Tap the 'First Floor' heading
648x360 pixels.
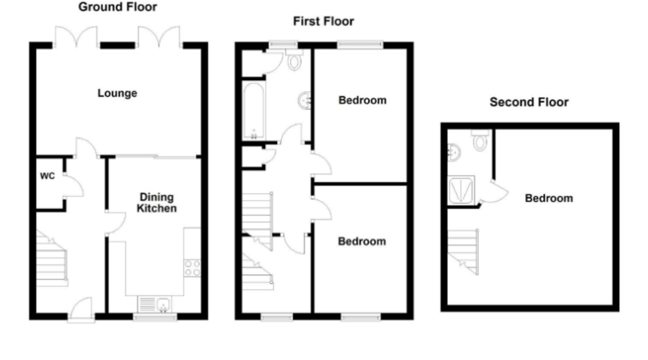click(323, 22)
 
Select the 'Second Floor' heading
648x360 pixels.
click(529, 102)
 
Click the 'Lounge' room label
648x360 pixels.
click(117, 93)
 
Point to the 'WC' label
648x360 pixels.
click(46, 176)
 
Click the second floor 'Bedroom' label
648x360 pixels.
click(549, 199)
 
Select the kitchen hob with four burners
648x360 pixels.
click(193, 268)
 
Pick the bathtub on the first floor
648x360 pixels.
click(253, 111)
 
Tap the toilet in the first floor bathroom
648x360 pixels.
click(294, 62)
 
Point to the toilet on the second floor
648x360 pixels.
click(480, 140)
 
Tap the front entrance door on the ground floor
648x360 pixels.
click(80, 310)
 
